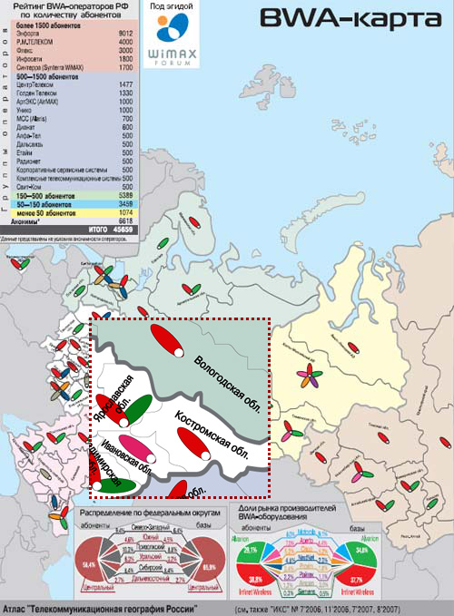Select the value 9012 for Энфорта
pos(125,34)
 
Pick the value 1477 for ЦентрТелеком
pos(125,84)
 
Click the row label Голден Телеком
pos(38,93)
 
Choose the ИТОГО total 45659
pos(125,230)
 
